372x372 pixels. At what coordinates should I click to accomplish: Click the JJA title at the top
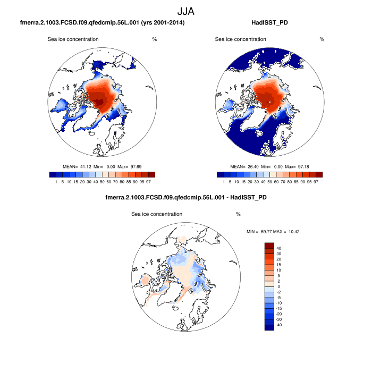point(186,11)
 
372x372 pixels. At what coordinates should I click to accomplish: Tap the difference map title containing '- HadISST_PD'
point(185,198)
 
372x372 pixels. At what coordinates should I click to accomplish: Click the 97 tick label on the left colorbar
point(152,182)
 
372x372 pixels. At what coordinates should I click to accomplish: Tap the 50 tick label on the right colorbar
point(269,182)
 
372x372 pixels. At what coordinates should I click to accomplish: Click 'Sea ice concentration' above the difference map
point(156,214)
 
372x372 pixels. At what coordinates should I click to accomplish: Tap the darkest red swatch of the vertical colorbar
point(269,246)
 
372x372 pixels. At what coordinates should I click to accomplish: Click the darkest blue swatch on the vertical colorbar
point(269,327)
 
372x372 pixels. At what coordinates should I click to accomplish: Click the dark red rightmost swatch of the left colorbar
point(151,174)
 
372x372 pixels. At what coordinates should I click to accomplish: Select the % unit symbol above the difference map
point(239,214)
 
